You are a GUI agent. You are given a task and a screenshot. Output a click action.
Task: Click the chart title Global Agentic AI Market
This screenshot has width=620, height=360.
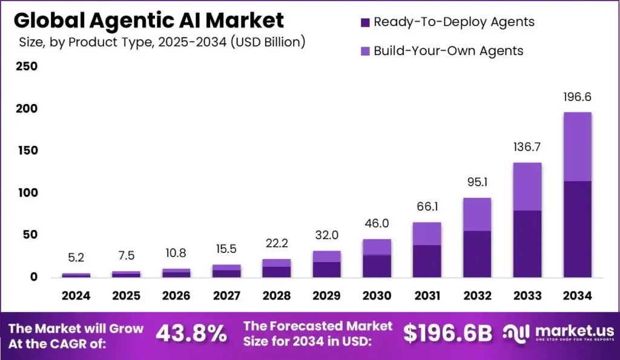pyautogui.click(x=148, y=21)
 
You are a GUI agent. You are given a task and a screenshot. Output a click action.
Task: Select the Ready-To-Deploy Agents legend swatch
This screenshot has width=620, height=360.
pyautogui.click(x=364, y=22)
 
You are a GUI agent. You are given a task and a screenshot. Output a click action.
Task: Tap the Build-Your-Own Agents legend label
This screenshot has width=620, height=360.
pyautogui.click(x=448, y=51)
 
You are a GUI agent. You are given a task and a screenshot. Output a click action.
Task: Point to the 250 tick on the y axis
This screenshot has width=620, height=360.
pyautogui.click(x=27, y=67)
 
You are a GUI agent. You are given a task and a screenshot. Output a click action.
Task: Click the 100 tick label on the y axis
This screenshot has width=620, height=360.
pyautogui.click(x=27, y=192)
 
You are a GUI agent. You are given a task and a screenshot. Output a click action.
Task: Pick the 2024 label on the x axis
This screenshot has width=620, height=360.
pyautogui.click(x=76, y=296)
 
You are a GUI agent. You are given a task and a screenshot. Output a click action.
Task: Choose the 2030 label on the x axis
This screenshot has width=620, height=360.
pyautogui.click(x=377, y=296)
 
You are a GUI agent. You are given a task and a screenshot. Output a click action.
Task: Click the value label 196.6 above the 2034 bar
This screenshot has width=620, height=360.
pyautogui.click(x=577, y=97)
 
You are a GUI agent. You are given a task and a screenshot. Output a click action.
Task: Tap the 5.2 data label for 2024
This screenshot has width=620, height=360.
pyautogui.click(x=76, y=258)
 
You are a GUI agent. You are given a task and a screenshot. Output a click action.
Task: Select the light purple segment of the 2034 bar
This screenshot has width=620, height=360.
pyautogui.click(x=577, y=146)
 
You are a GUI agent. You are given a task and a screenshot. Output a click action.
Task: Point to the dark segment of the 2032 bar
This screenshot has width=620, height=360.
pyautogui.click(x=477, y=254)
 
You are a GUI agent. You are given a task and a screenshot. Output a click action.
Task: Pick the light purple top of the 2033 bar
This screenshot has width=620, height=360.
pyautogui.click(x=527, y=186)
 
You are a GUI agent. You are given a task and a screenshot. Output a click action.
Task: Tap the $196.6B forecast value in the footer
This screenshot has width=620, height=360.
pyautogui.click(x=448, y=333)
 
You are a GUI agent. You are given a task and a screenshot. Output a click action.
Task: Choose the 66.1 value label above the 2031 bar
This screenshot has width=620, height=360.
pyautogui.click(x=427, y=207)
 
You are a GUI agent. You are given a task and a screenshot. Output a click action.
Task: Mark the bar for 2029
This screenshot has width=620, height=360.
pyautogui.click(x=326, y=264)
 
